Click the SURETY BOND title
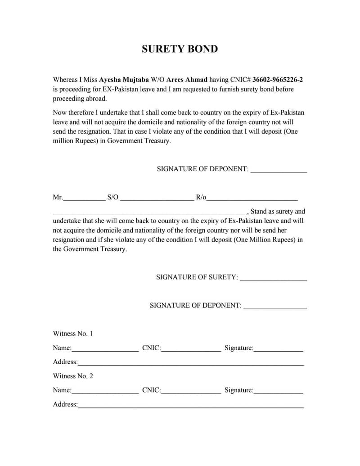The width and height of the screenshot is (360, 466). point(180,49)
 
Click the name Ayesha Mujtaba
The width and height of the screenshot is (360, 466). point(117,80)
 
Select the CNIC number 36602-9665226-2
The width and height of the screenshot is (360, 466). point(277,80)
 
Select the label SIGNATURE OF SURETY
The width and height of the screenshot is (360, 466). point(197,277)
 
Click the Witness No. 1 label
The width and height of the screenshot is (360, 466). point(73,334)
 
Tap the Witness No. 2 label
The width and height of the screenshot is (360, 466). point(73,376)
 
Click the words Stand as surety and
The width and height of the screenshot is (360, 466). point(278,211)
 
